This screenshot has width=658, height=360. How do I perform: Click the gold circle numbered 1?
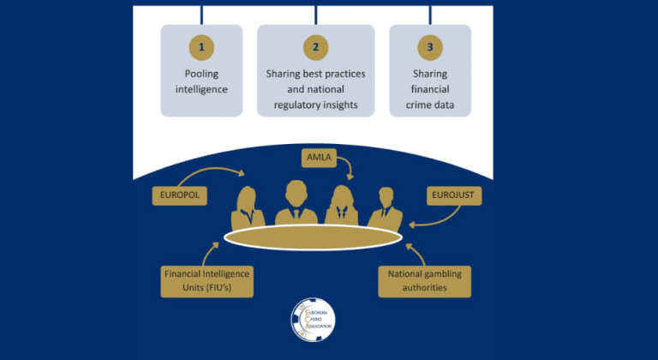(201, 45)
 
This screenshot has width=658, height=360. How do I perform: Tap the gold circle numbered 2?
(315, 45)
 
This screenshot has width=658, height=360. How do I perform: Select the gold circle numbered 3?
(430, 45)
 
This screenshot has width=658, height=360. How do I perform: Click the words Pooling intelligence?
(201, 81)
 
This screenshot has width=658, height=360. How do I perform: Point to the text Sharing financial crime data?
(430, 89)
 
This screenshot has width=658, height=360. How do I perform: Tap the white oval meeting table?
(313, 236)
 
